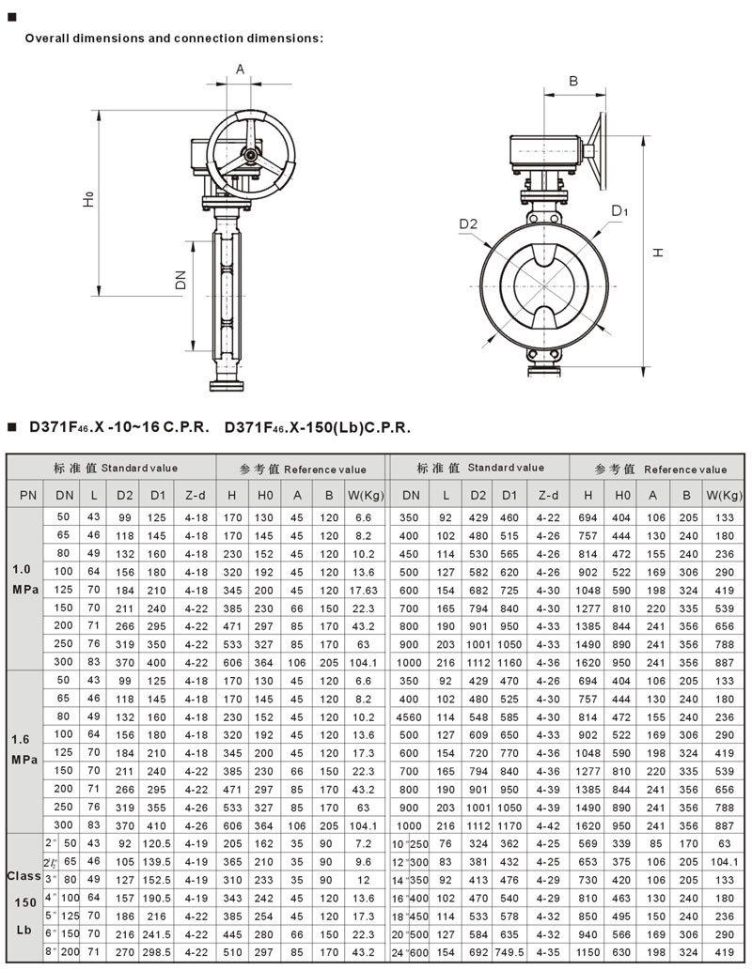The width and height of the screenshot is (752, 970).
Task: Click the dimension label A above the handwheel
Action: [240, 69]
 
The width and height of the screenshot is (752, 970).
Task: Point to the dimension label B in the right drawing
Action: [573, 81]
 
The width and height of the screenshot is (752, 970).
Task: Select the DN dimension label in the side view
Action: [180, 280]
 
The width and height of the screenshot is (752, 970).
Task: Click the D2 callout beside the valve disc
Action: [468, 223]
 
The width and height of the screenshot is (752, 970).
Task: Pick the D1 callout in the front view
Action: [619, 211]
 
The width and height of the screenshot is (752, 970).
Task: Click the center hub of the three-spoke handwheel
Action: [250, 154]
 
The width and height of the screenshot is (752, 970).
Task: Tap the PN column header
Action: [28, 495]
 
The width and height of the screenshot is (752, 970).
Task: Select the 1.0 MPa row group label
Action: [24, 579]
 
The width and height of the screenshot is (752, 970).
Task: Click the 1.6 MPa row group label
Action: [24, 749]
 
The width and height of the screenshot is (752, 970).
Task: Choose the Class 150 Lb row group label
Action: [24, 902]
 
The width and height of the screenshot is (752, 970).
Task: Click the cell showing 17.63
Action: [363, 590]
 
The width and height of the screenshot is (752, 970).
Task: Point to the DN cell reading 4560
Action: [409, 717]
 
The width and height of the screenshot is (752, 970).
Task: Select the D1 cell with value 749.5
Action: [509, 953]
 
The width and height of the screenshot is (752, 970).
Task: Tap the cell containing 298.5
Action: [156, 953]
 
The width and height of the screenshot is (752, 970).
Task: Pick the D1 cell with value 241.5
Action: [156, 934]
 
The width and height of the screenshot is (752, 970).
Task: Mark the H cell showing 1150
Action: [587, 953]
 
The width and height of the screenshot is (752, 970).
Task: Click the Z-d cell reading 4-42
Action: [548, 825]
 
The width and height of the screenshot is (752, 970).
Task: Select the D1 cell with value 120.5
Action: [156, 843]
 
